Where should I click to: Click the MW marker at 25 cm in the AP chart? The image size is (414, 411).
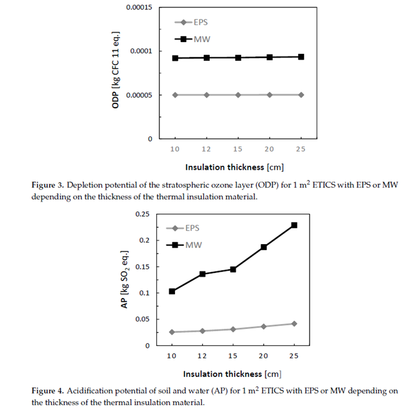pos(295,225)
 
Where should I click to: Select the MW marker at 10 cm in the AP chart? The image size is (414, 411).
pos(172,291)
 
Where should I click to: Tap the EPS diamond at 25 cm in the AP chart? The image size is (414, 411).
pos(295,324)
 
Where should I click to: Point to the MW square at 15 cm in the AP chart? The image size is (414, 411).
pos(233,269)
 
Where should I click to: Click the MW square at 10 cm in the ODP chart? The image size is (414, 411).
pos(175,58)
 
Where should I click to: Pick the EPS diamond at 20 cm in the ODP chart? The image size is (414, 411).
pos(269,94)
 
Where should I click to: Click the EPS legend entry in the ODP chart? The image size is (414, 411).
pos(193,23)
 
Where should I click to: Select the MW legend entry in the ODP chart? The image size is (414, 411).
pos(194,39)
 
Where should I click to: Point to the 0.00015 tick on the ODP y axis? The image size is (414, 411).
pos(136,8)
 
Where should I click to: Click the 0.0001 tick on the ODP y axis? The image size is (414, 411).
pos(140,51)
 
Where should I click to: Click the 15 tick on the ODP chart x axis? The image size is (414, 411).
pos(238,149)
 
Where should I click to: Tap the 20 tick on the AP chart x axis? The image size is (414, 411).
pos(264,356)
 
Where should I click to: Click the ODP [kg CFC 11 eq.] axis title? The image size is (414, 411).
pos(116,73)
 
